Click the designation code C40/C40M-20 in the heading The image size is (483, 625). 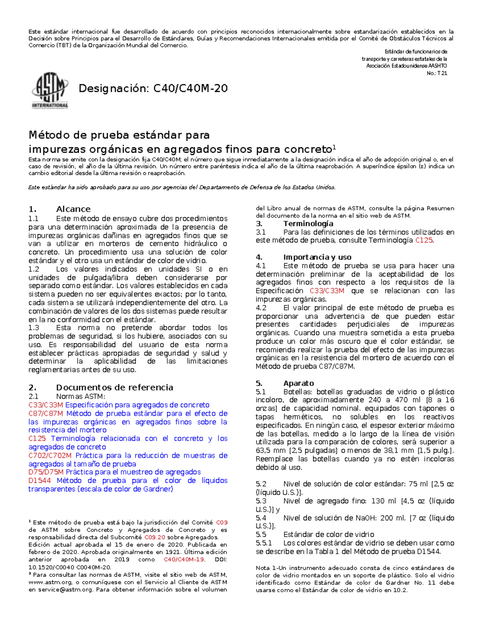190,88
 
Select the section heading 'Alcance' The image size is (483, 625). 73,209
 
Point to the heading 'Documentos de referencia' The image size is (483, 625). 114,387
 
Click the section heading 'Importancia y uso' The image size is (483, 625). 317,257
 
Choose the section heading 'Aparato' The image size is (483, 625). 298,383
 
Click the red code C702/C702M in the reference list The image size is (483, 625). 50,456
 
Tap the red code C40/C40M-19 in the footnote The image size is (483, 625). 184,559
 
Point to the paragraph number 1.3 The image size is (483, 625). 33,328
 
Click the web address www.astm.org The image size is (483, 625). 50,582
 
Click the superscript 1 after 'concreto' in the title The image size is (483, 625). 334,146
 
